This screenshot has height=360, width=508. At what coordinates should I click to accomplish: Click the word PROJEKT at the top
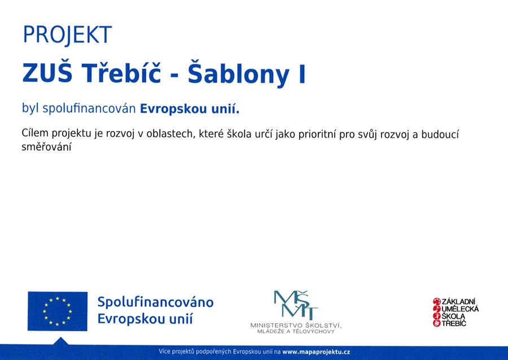point(67,35)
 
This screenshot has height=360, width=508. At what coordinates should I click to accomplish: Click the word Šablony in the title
point(238,73)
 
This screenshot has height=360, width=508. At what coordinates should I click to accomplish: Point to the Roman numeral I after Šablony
point(302,73)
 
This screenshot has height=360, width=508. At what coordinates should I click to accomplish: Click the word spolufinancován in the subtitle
point(89,109)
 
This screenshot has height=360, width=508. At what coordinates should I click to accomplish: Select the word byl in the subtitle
point(30,108)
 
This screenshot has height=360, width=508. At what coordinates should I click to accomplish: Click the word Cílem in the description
point(35,133)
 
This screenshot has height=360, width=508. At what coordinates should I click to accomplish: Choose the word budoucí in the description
point(440,134)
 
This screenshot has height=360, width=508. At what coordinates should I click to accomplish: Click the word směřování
point(46,147)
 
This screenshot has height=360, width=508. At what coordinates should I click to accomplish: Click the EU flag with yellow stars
point(58,311)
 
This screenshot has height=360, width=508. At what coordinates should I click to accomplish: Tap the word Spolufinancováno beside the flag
point(156,302)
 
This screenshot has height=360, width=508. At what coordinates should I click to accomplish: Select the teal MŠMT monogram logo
point(295,304)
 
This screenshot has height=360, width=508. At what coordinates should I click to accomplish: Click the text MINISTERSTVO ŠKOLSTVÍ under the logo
point(296,325)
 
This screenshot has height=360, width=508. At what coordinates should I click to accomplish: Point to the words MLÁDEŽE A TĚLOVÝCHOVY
point(296,331)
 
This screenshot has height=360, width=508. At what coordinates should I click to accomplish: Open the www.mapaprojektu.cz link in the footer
point(316,352)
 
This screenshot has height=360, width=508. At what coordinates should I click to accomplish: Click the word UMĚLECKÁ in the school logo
point(460,309)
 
